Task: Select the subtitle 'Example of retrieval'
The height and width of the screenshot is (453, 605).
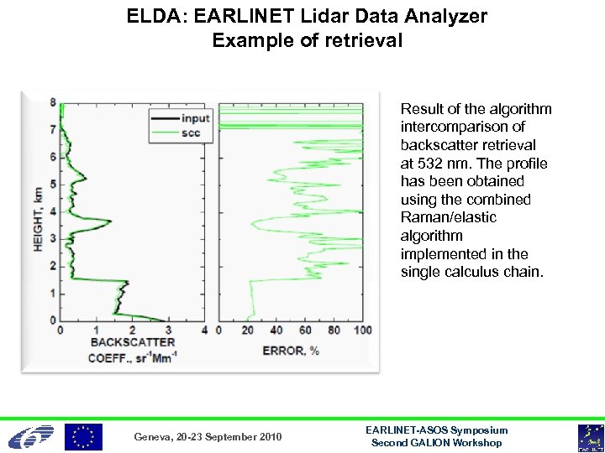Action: (308, 39)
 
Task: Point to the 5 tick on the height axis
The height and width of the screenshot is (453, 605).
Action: (53, 184)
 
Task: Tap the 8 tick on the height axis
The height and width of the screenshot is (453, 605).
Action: (53, 102)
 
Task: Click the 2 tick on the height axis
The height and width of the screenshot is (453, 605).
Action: (53, 266)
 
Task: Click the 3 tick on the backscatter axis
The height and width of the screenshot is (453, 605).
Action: (169, 331)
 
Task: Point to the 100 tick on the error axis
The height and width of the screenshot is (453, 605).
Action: (361, 331)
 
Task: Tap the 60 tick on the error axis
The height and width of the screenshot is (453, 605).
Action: (305, 331)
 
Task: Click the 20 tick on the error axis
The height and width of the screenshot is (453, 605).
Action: (247, 331)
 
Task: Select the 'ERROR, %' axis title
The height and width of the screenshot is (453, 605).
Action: (291, 350)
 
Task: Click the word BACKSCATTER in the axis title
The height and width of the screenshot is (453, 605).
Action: (133, 342)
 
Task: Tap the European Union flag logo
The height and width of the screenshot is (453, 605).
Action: (84, 436)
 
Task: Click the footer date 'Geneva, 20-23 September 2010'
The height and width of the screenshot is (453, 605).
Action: (208, 437)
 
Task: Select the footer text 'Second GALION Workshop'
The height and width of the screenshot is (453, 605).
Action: (436, 442)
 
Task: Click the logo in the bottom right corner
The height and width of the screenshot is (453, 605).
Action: (589, 437)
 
